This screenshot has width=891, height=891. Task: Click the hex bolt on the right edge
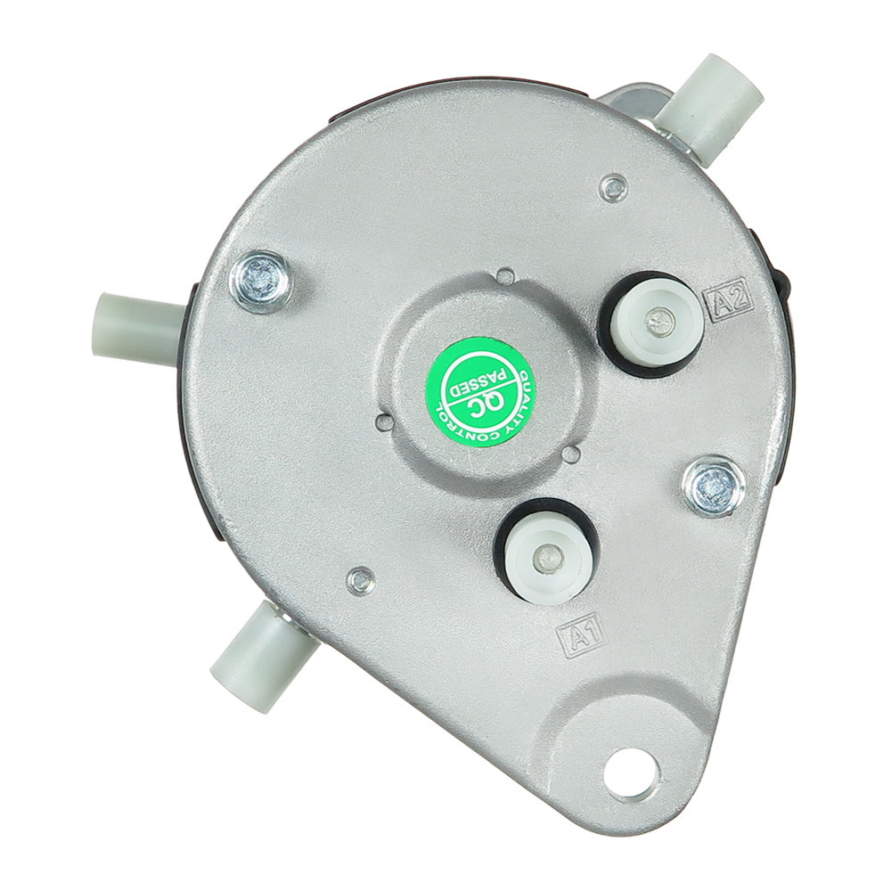(x=715, y=487)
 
